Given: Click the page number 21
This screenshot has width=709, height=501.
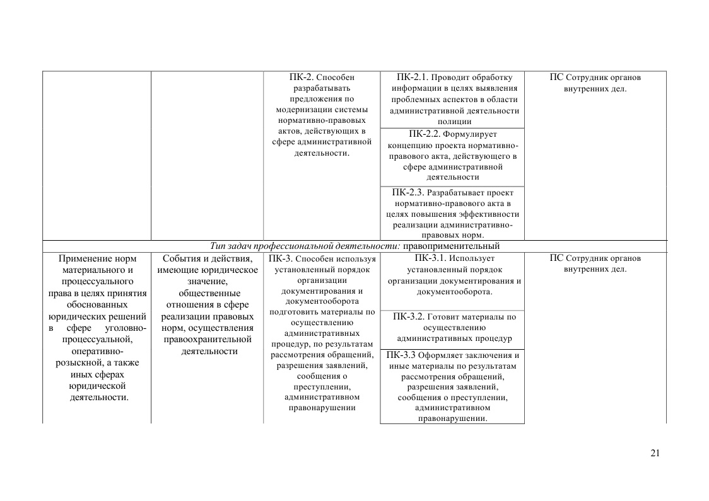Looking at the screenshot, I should pyautogui.click(x=655, y=453).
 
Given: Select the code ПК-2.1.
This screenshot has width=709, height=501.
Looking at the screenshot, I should pyautogui.click(x=413, y=78).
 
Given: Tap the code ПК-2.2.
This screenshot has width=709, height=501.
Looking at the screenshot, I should pyautogui.click(x=425, y=134).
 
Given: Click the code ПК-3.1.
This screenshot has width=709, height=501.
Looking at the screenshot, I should pyautogui.click(x=431, y=258).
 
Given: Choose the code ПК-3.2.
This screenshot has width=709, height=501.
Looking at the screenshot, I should pyautogui.click(x=409, y=316).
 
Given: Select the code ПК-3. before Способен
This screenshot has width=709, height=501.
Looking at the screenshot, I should pyautogui.click(x=280, y=258).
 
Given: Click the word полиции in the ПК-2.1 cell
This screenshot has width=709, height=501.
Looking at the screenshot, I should pyautogui.click(x=454, y=122).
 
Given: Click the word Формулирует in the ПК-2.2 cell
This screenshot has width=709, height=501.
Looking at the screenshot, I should pyautogui.click(x=471, y=134).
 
